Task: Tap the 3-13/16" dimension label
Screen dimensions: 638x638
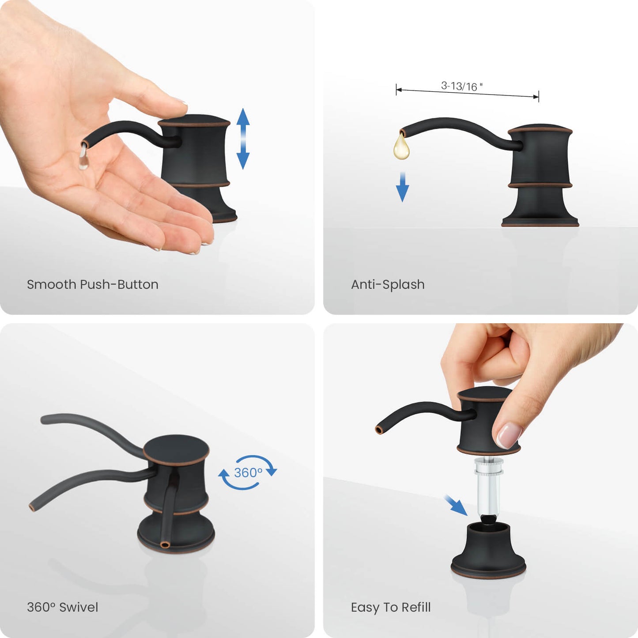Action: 461,86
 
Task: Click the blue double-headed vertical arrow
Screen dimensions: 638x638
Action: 243,138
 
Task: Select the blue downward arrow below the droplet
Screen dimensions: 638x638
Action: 402,187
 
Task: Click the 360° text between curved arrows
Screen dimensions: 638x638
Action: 248,472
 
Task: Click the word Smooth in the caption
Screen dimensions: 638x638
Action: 52,284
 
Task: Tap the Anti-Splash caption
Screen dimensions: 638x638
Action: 388,284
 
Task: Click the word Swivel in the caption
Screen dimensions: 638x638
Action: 79,607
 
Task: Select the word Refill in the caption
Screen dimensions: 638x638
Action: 416,607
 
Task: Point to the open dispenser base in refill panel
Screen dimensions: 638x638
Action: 488,546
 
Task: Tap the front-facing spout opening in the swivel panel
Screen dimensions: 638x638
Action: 165,545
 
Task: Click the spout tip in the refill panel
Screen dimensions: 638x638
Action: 379,430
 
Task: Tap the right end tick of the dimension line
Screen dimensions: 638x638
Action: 538,96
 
